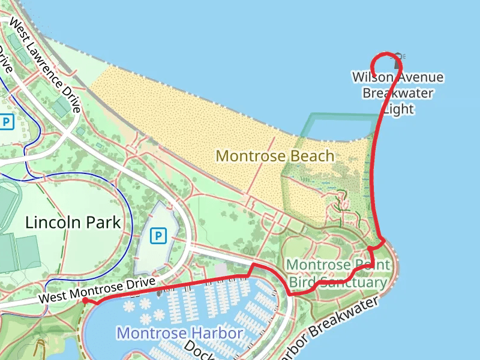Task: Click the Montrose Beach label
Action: tap(275, 156)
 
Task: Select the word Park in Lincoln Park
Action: tap(104, 223)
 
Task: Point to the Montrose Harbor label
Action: tap(180, 333)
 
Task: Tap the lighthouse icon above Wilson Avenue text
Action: tap(397, 57)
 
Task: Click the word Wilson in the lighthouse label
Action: tap(372, 77)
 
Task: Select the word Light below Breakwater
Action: tap(398, 109)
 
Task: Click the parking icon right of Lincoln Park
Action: tap(158, 236)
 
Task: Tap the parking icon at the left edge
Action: tap(6, 122)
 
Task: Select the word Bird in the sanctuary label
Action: tap(303, 282)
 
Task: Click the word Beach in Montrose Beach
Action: tap(310, 156)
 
